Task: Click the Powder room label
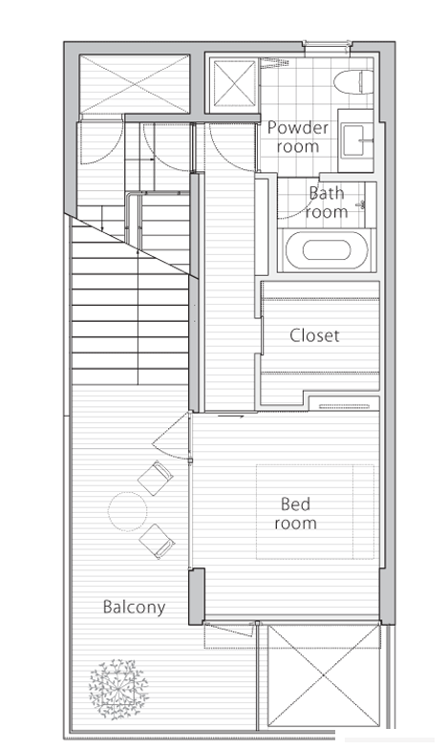(x=297, y=137)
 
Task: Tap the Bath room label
(x=327, y=202)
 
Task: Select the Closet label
(x=314, y=335)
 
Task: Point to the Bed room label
(x=295, y=513)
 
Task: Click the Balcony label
(x=135, y=607)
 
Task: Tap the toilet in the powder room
(x=353, y=82)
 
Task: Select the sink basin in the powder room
(x=356, y=140)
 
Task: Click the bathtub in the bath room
(x=327, y=250)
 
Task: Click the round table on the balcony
(x=127, y=511)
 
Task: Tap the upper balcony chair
(x=155, y=478)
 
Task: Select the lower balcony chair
(x=157, y=541)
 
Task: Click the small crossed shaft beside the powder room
(x=234, y=83)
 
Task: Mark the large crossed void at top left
(x=135, y=84)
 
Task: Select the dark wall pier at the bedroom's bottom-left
(x=197, y=596)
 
